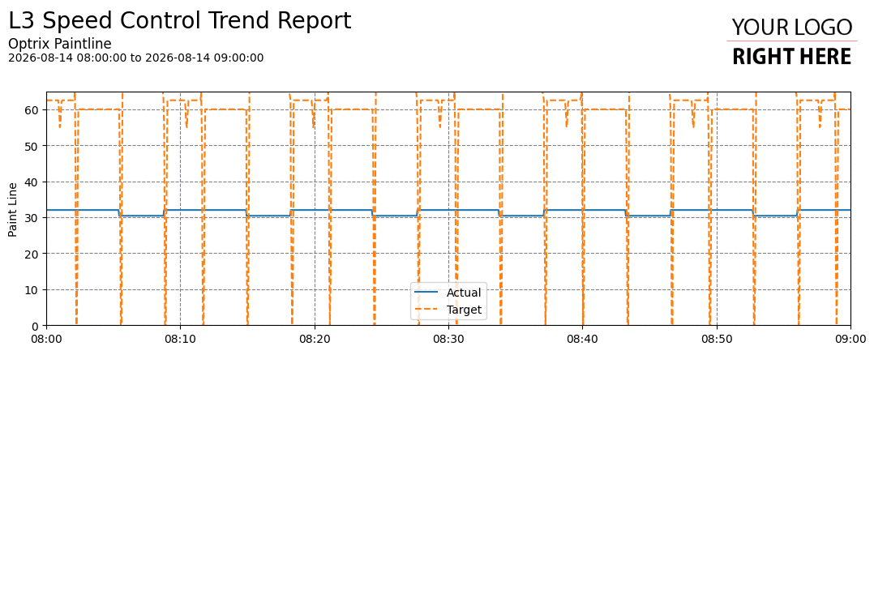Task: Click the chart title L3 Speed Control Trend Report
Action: pyautogui.click(x=179, y=21)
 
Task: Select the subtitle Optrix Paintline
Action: pyautogui.click(x=60, y=44)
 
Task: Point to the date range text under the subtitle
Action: pyautogui.click(x=136, y=58)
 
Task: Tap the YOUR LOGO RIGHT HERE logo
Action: pyautogui.click(x=791, y=42)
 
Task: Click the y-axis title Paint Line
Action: pyautogui.click(x=13, y=210)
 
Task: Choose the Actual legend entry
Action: pyautogui.click(x=448, y=293)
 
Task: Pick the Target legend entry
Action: pyautogui.click(x=448, y=310)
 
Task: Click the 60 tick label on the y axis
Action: pyautogui.click(x=31, y=110)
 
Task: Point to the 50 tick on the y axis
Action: pyautogui.click(x=31, y=146)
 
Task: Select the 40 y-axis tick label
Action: pyautogui.click(x=31, y=182)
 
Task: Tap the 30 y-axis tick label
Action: pyautogui.click(x=31, y=218)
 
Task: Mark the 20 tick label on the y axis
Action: pyautogui.click(x=31, y=254)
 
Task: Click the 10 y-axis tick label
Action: pyautogui.click(x=31, y=290)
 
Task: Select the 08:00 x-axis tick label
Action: pyautogui.click(x=46, y=339)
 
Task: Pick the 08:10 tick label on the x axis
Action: pyautogui.click(x=180, y=339)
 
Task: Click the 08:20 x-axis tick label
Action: pyautogui.click(x=315, y=339)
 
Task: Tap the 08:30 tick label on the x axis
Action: pyautogui.click(x=448, y=339)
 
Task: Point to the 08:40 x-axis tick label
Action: pyautogui.click(x=582, y=339)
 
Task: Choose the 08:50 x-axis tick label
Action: pyautogui.click(x=717, y=339)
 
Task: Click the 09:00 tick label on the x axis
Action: pyautogui.click(x=850, y=339)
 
